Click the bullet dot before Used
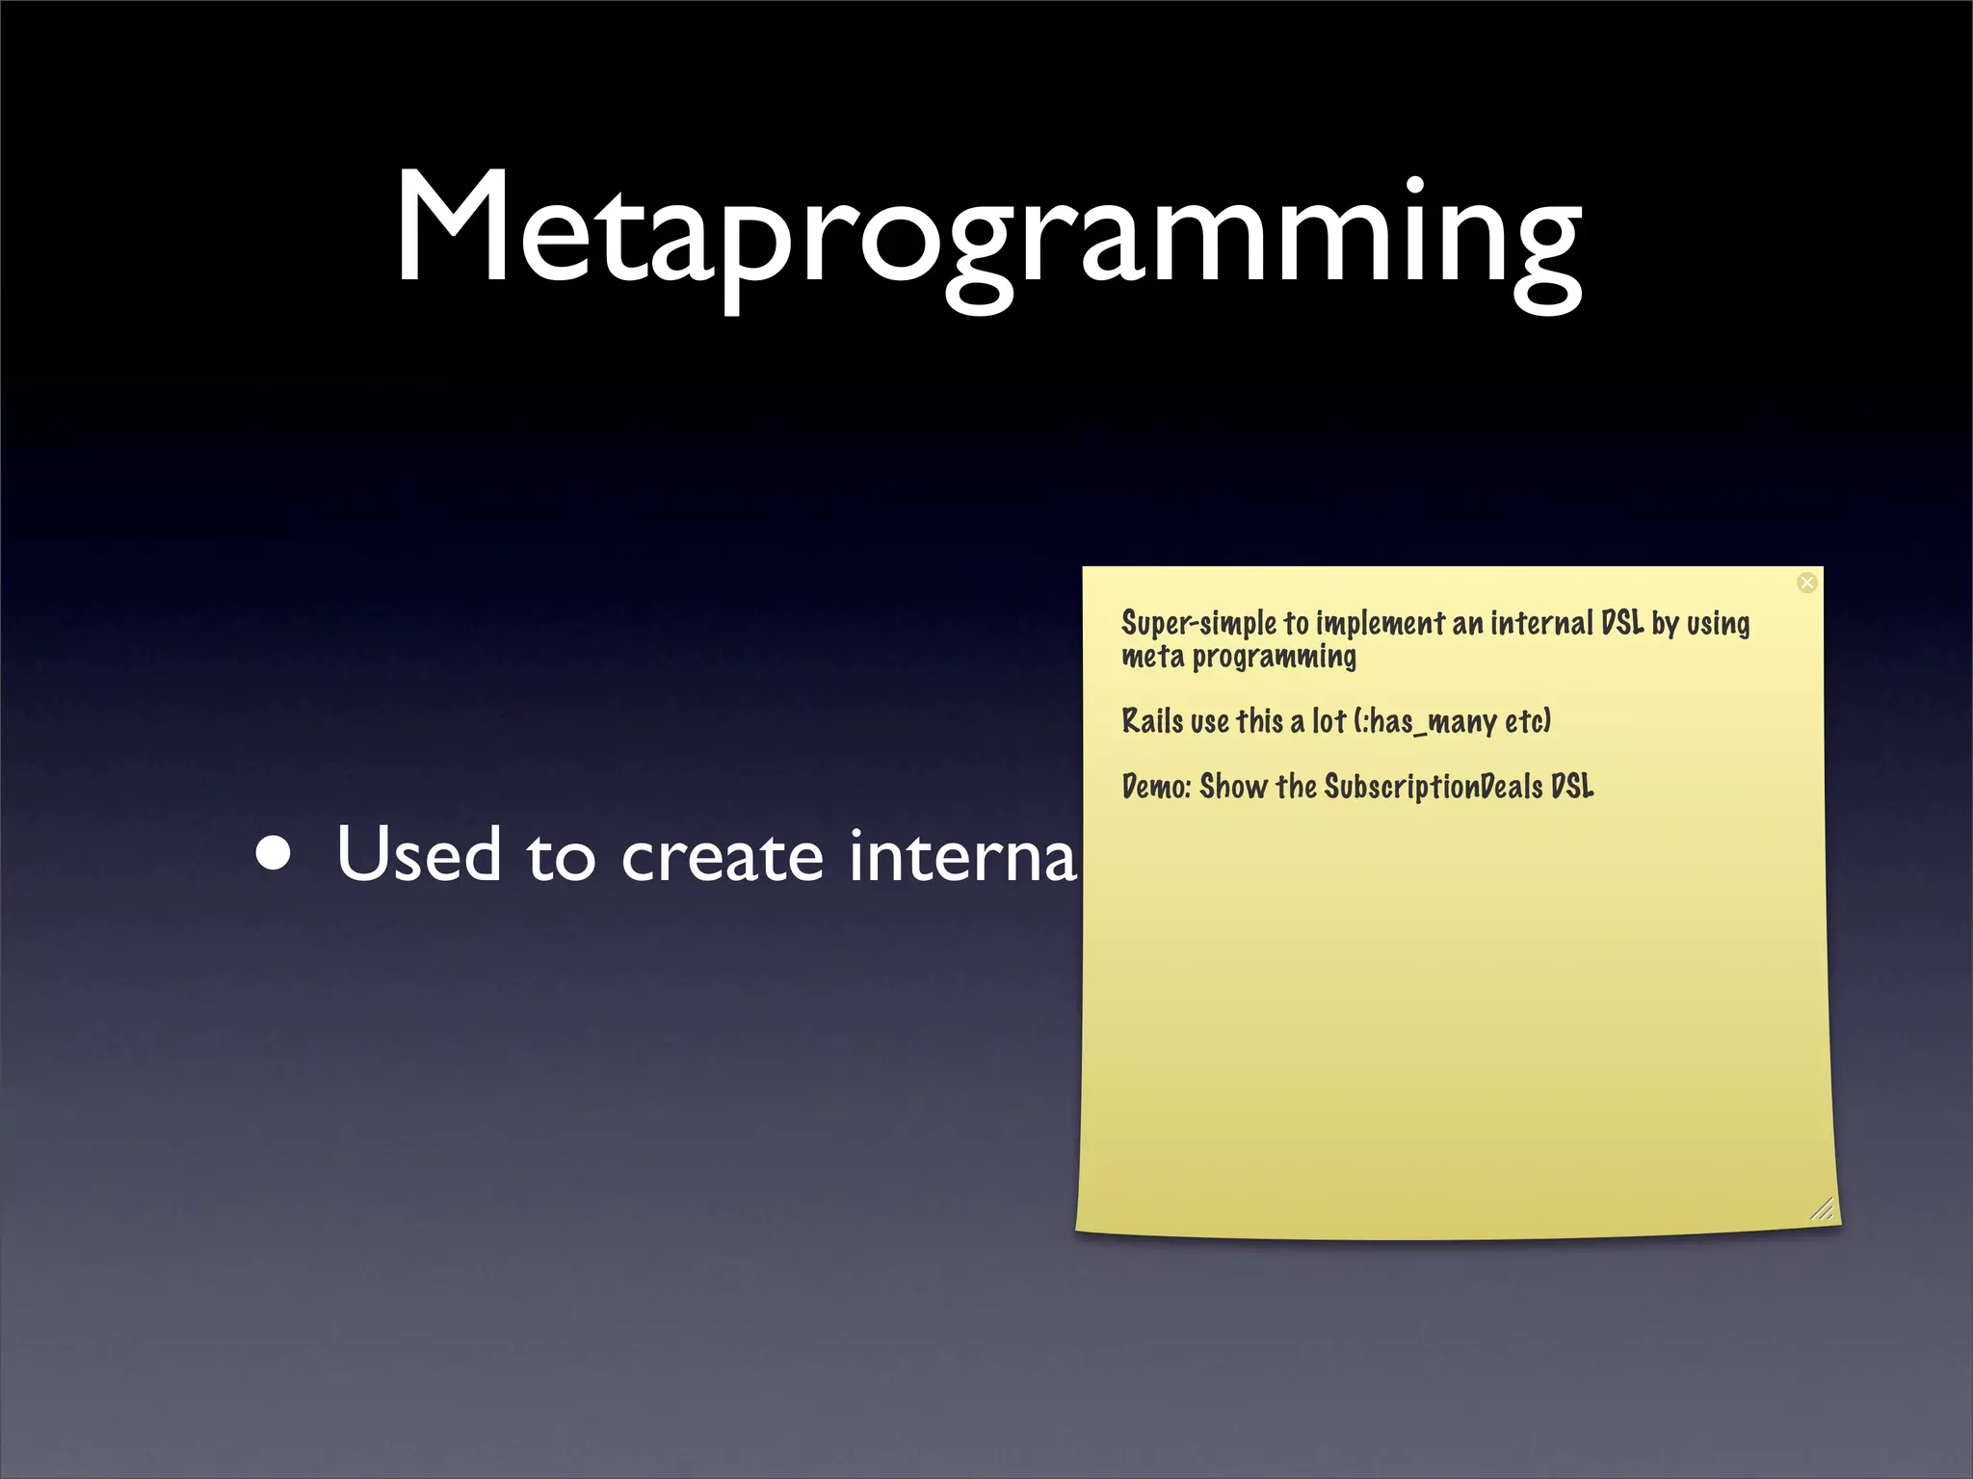[x=275, y=854]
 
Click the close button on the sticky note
[x=1807, y=583]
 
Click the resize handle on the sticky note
[x=1821, y=1210]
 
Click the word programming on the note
[x=1274, y=658]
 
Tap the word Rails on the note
[x=1152, y=721]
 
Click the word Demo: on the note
[x=1156, y=787]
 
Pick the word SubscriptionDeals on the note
[x=1434, y=787]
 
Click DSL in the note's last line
[x=1572, y=787]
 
